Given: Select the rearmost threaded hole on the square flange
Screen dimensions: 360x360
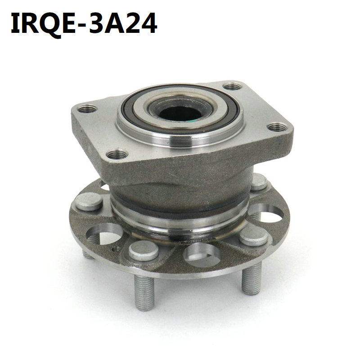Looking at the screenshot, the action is tap(233, 86).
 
